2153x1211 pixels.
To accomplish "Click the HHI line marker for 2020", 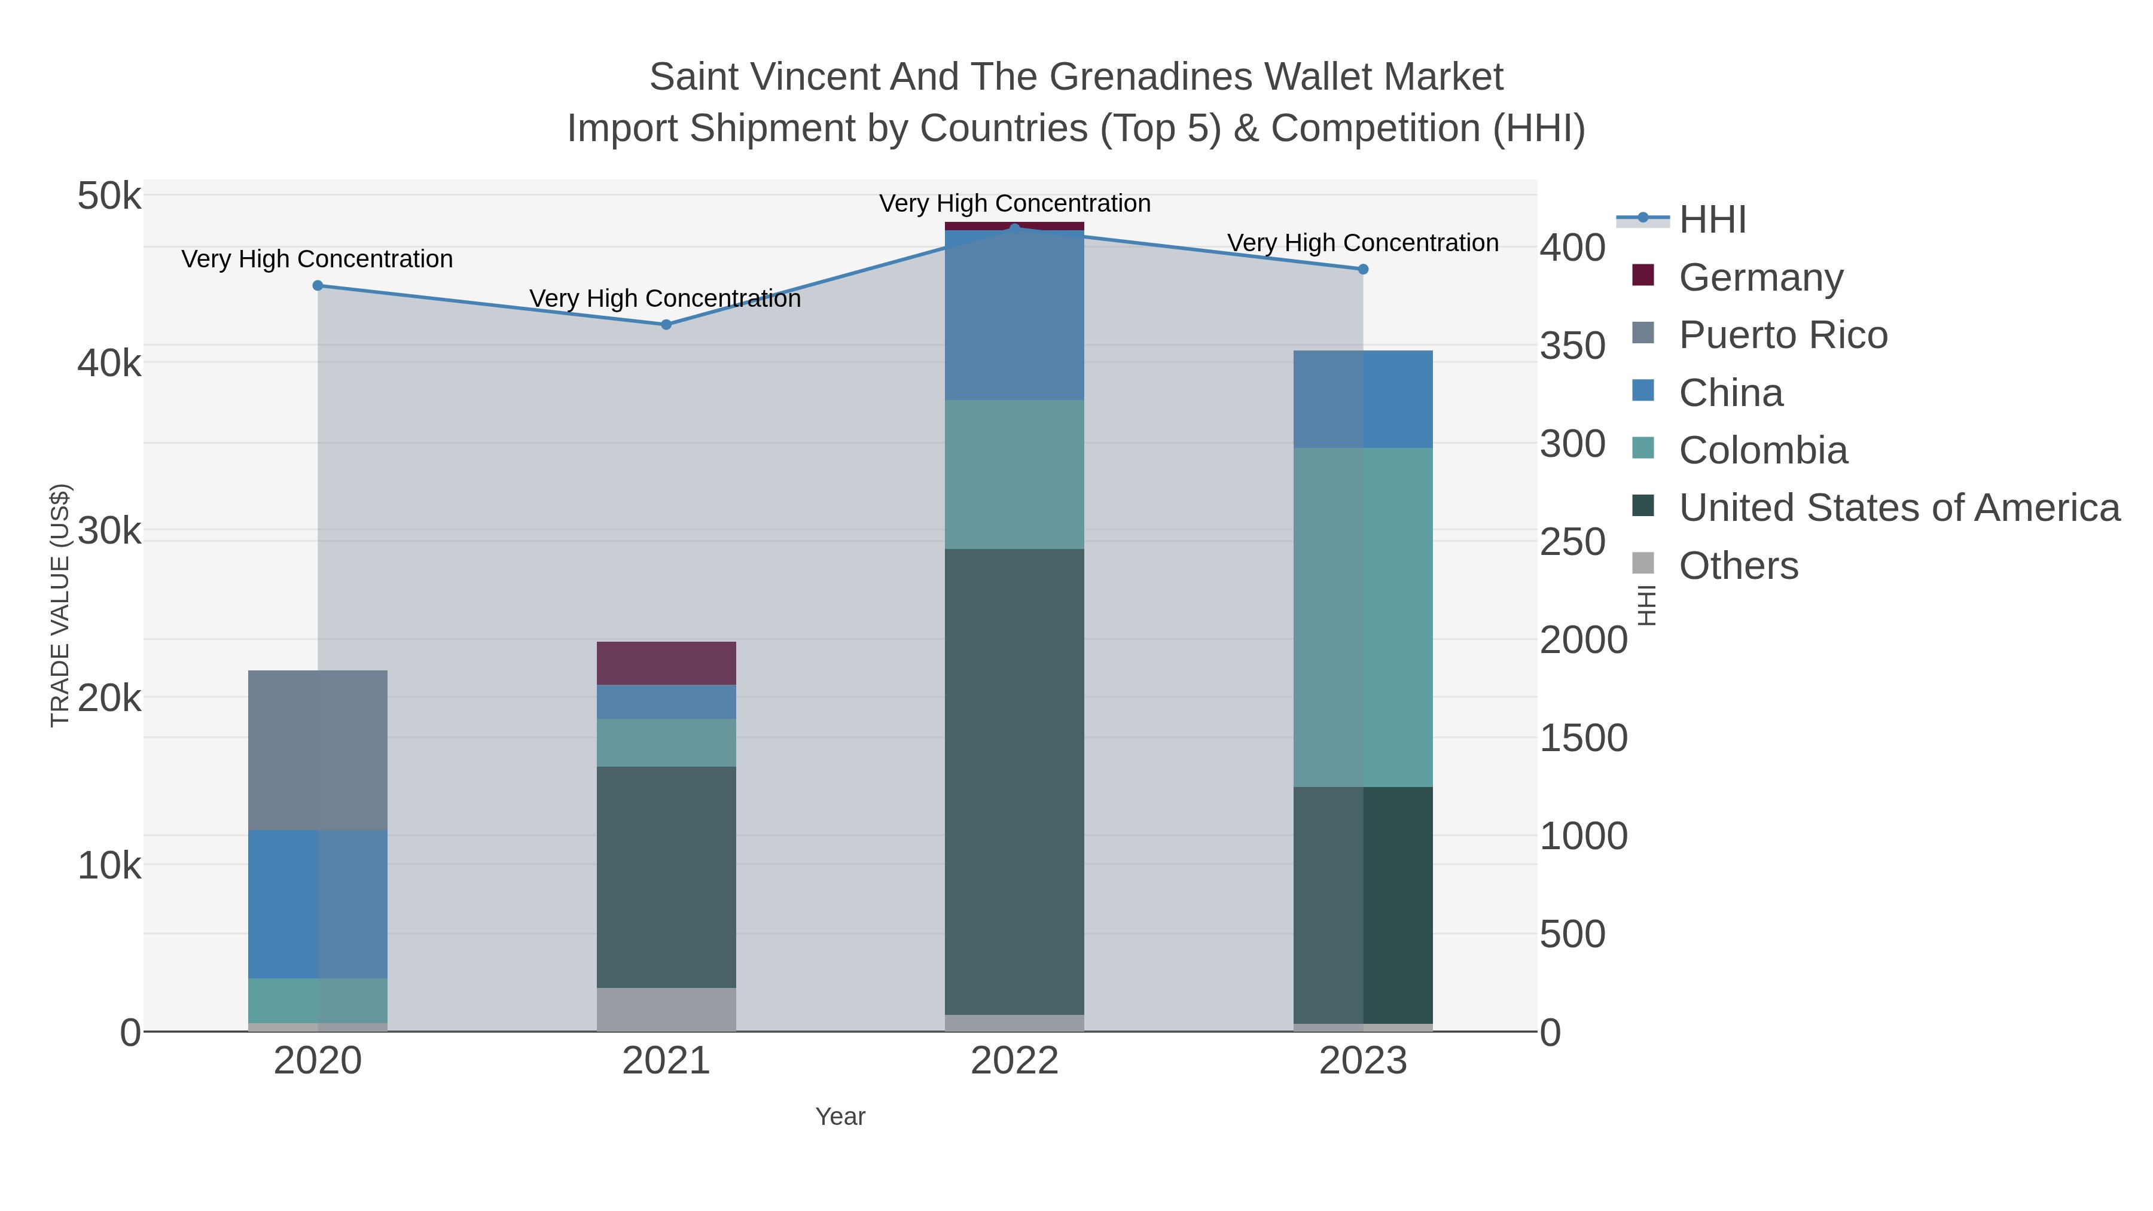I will coord(318,286).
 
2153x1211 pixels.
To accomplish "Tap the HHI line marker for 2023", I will coord(1362,269).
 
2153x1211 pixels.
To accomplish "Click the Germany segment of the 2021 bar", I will coord(666,664).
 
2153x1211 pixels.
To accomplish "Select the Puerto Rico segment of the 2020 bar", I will coord(318,750).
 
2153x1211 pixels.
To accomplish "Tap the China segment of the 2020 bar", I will coord(318,904).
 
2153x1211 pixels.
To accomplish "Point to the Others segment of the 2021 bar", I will coord(666,1009).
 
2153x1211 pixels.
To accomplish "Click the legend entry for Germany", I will coord(1760,277).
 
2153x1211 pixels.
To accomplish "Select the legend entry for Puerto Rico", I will coord(1783,335).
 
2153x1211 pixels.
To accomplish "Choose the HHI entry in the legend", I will coord(1712,220).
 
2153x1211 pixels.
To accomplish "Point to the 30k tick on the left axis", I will coord(109,532).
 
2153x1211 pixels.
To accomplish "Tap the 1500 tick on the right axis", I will coord(1583,738).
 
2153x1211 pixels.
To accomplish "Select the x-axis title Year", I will coord(840,1117).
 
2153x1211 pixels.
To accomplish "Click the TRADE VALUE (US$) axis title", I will coord(60,605).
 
